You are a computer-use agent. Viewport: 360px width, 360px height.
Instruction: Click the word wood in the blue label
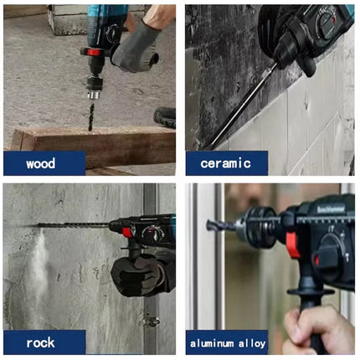click(x=40, y=163)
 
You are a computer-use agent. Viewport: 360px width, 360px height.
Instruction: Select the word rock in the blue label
click(x=40, y=342)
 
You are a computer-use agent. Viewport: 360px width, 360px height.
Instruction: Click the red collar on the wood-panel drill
click(x=95, y=54)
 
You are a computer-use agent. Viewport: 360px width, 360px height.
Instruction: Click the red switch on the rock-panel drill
click(x=128, y=232)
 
